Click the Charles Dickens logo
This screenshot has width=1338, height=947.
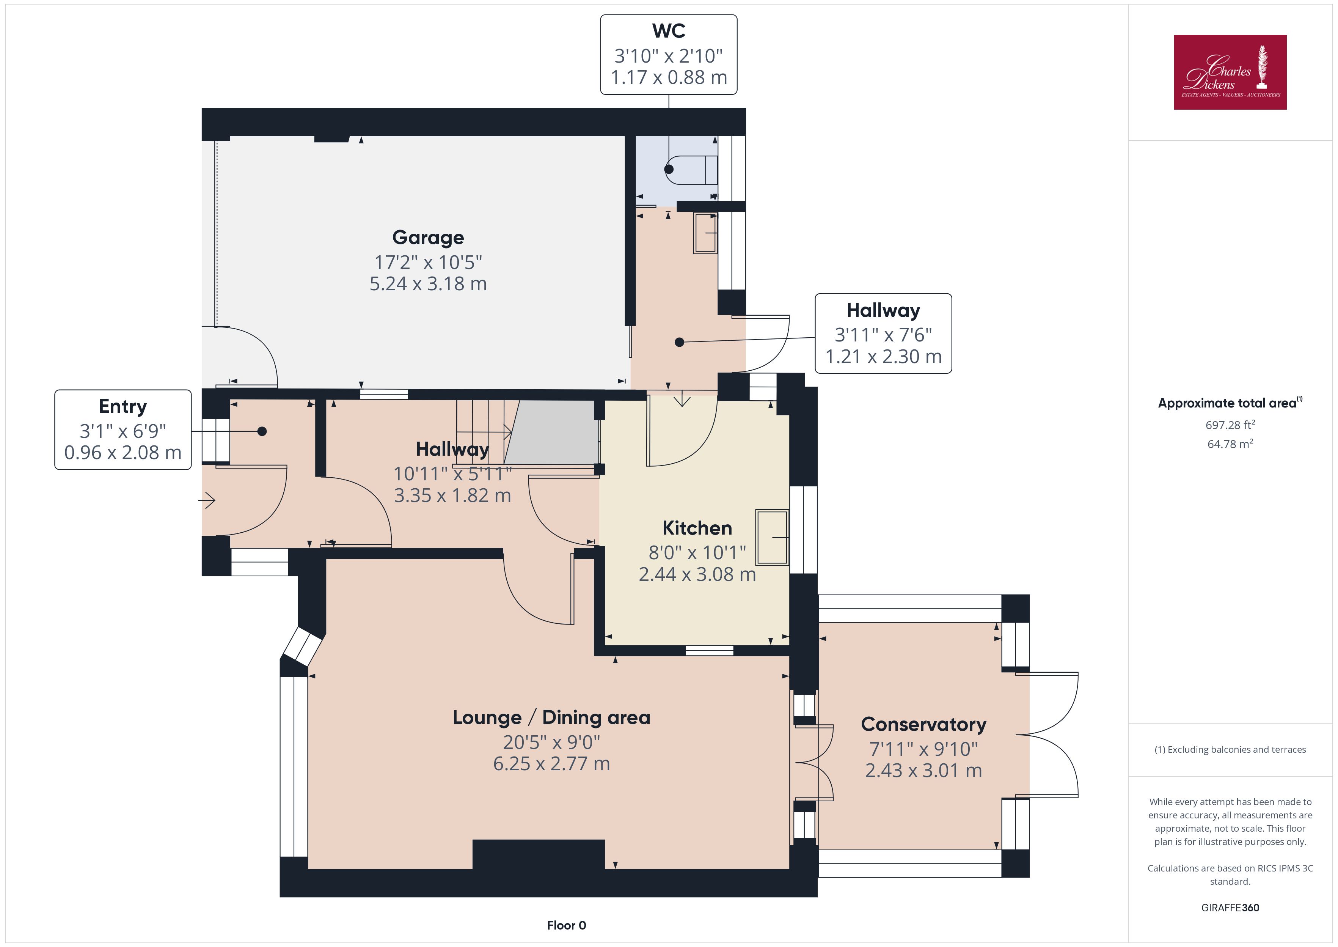[1230, 72]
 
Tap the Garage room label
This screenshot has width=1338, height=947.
[428, 238]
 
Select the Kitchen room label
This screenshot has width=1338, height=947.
[697, 528]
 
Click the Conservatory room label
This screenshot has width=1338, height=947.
[923, 724]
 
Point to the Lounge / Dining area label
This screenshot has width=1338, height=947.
[551, 718]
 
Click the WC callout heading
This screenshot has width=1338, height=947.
[668, 31]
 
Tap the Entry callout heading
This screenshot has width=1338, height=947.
[122, 406]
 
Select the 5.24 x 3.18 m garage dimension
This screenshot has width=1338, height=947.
[428, 284]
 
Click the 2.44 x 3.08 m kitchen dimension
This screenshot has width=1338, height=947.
[697, 574]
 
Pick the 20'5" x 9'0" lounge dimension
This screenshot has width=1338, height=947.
[551, 742]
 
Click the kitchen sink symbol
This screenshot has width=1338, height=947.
[772, 538]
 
